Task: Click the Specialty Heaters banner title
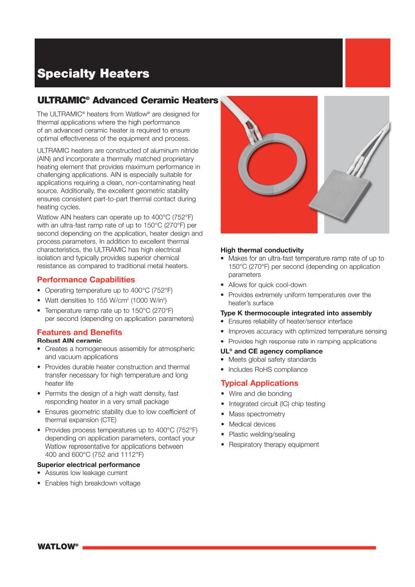tap(93, 74)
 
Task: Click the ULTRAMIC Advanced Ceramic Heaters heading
tap(128, 100)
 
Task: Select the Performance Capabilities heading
tap(86, 280)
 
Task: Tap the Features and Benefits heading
tap(79, 332)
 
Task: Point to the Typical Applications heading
tap(259, 383)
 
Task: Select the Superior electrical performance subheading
tap(88, 464)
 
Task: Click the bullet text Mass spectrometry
tap(257, 414)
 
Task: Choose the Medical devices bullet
tap(252, 424)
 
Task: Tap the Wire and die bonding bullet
tap(260, 394)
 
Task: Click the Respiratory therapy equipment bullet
tap(273, 444)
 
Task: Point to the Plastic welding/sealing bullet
tap(261, 434)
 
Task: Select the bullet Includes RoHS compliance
tap(268, 370)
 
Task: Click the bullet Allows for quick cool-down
tap(267, 285)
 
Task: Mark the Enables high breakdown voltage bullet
tap(92, 483)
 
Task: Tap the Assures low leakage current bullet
tap(86, 473)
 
